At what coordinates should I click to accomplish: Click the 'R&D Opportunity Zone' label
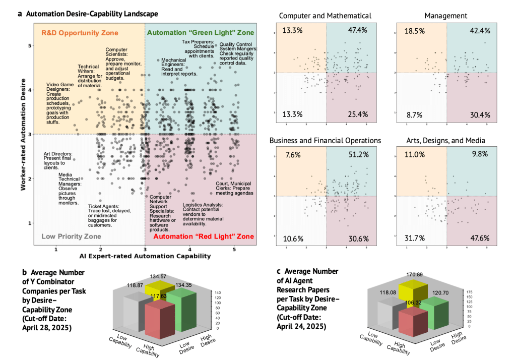pyautogui.click(x=79, y=33)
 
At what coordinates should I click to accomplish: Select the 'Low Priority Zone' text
pyautogui.click(x=71, y=236)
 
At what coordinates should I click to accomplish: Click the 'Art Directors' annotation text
pyautogui.click(x=58, y=159)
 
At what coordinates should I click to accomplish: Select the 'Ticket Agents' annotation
pyautogui.click(x=102, y=216)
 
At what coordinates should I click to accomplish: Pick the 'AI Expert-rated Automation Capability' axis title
pyautogui.click(x=145, y=256)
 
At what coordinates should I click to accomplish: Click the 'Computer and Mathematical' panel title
pyautogui.click(x=326, y=17)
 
